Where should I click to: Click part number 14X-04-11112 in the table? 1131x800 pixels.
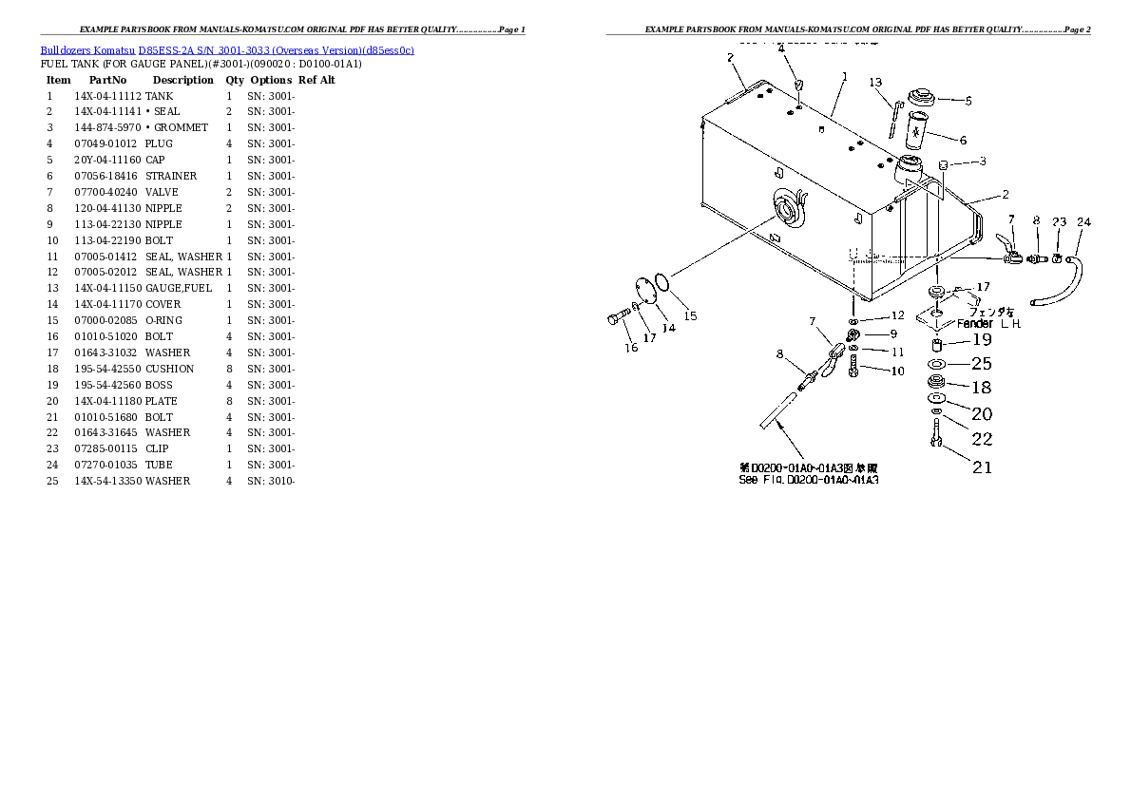coord(107,96)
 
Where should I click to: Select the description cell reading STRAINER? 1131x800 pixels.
coord(171,176)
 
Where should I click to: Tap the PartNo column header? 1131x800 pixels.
coord(107,80)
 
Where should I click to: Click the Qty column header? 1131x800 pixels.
coord(234,80)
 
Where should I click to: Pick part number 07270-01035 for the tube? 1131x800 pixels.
coord(107,465)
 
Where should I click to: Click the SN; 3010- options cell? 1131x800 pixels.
coord(272,481)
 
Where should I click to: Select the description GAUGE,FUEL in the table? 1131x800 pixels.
coord(179,288)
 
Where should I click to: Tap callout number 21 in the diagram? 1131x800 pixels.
coord(981,467)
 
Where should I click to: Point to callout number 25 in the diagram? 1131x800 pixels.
coord(981,363)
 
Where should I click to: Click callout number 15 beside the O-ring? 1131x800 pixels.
coord(690,315)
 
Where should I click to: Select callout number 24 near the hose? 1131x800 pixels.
coord(1083,222)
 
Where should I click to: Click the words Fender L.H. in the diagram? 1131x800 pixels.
coord(987,324)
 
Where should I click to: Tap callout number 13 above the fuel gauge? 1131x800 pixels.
coord(875,83)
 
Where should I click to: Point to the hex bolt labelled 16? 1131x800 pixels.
coord(613,319)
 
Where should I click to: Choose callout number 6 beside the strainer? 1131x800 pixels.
coord(963,141)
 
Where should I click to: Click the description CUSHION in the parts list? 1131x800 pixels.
coord(169,369)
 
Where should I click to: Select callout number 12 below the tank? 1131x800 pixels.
coord(897,315)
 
